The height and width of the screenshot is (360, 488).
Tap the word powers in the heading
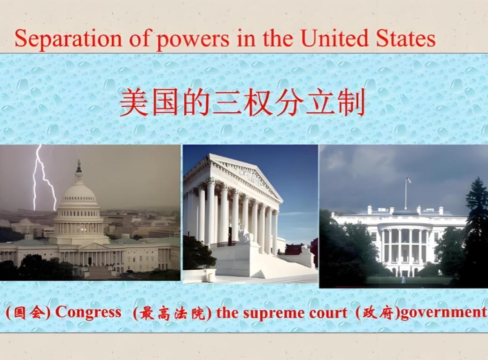[x=193, y=40]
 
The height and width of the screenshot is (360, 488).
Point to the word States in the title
[x=405, y=39]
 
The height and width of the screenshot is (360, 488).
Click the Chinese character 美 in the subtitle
[x=134, y=102]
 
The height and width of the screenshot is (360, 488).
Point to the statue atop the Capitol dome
[x=79, y=166]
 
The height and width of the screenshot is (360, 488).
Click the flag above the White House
[x=408, y=180]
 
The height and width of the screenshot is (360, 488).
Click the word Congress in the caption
[x=88, y=312]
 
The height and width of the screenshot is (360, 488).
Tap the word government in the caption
[x=443, y=313]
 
